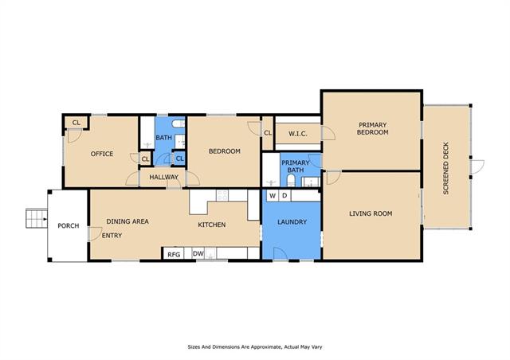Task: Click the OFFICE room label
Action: [102, 154]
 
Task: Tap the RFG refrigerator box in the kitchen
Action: [174, 253]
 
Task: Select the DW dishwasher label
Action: [198, 253]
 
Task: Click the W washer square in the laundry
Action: [273, 195]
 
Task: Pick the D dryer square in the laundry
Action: [284, 195]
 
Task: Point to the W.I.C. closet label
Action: [298, 134]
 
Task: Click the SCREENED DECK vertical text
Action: [446, 168]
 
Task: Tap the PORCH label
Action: [69, 225]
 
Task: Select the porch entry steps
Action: [37, 218]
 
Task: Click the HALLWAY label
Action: [164, 178]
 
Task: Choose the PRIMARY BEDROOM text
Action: [372, 128]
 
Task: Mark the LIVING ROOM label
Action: [371, 213]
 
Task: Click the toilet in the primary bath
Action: [291, 181]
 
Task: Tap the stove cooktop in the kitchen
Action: [222, 195]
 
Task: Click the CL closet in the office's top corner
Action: [76, 123]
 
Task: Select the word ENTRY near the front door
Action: [112, 236]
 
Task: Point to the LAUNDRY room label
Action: [292, 222]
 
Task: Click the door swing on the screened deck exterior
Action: [477, 166]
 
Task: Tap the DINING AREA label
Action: [127, 221]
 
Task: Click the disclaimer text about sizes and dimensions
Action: [255, 347]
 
